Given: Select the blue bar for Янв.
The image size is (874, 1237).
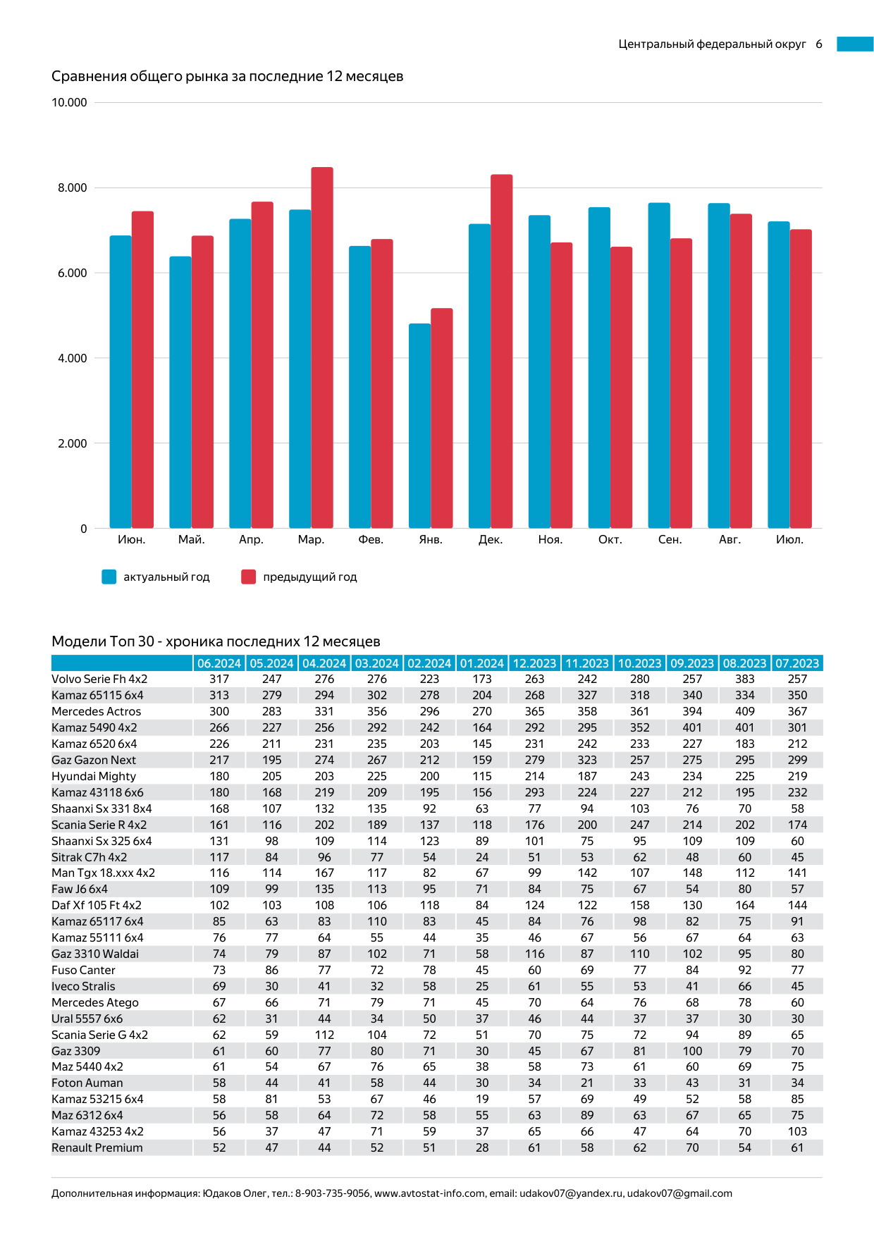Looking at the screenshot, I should coord(419,426).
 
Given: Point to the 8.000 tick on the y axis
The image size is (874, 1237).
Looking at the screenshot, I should coord(73,188).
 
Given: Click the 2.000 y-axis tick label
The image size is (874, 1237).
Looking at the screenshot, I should coord(73,443).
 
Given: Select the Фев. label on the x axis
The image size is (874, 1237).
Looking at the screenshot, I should coord(371,540).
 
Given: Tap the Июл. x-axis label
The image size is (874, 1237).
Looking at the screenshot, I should coord(789,540).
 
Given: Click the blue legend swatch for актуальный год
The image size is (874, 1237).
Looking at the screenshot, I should coord(109,577).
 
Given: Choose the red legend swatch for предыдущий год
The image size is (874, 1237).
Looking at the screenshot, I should coord(248,577).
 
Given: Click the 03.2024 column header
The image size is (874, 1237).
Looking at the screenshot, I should coord(376,663).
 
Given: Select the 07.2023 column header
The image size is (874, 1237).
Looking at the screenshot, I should coord(797,663).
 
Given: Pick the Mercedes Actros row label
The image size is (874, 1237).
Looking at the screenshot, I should coord(96,712).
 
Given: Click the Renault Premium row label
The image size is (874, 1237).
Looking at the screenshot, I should coord(97,1148).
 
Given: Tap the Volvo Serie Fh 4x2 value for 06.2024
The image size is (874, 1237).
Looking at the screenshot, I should coord(219,679).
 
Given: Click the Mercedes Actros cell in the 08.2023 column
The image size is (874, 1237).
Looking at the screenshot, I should coord(744,712).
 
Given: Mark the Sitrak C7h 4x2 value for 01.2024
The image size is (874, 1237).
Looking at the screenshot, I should coord(482,858).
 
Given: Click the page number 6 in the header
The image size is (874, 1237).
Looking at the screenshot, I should coord(819,44).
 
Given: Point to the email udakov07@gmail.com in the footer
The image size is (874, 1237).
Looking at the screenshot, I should coord(679,1194).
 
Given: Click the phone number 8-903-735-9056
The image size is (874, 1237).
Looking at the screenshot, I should coord(332,1194).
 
